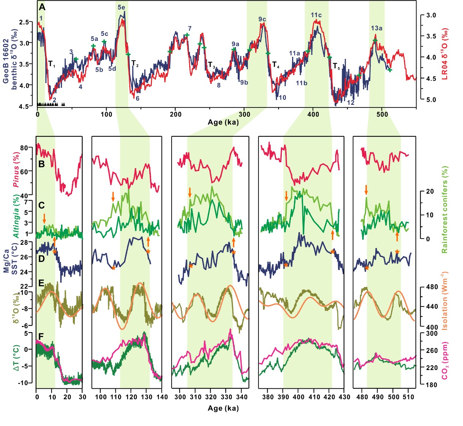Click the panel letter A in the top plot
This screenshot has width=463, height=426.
tap(42, 7)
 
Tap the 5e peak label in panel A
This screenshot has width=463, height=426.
tap(121, 7)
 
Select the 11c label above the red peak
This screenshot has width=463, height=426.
tap(316, 15)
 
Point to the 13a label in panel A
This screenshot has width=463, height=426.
tap(376, 28)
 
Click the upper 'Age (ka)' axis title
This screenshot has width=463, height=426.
tap(223, 122)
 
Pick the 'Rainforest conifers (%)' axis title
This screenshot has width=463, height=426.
tap(444, 210)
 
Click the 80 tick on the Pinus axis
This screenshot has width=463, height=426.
tap(24, 148)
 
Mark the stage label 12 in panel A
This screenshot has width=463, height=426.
tap(351, 103)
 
